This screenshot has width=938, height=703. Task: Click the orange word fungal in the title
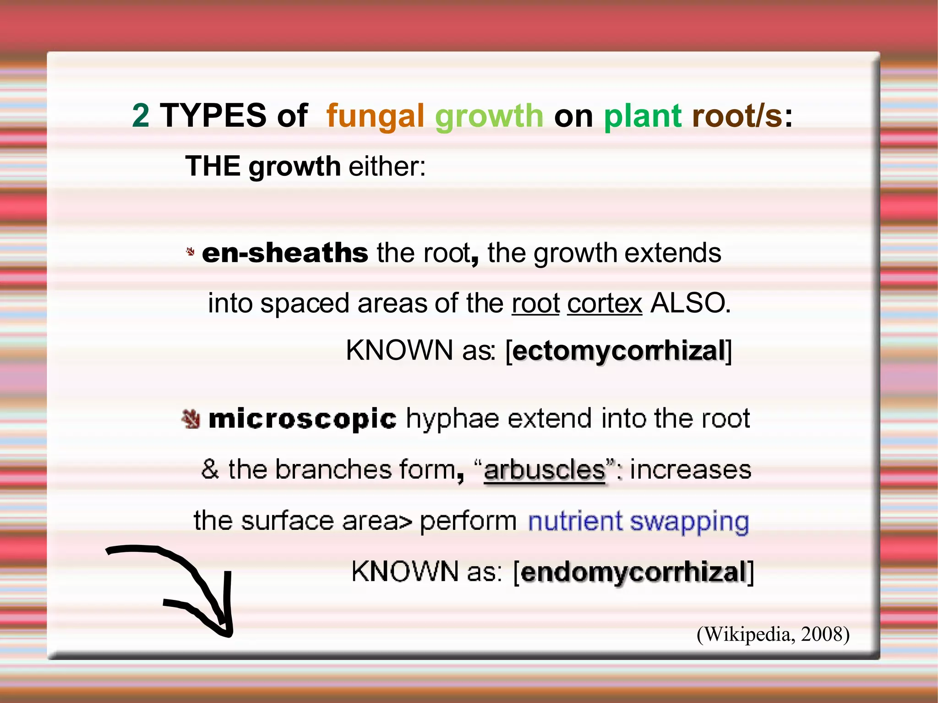(375, 116)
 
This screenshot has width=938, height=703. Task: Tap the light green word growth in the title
(489, 116)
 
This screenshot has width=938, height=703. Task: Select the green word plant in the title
(643, 116)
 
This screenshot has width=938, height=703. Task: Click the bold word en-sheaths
(285, 253)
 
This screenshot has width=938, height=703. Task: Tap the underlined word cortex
(605, 303)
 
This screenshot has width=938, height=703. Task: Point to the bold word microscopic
(302, 419)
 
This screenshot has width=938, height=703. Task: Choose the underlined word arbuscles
(545, 470)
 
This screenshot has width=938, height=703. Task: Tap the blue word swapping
(689, 522)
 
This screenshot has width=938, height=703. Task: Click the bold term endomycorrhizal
(634, 572)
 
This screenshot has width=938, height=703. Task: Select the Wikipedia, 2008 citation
(773, 634)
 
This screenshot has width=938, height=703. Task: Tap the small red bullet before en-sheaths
(191, 251)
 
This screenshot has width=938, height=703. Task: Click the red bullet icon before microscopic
(191, 419)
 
